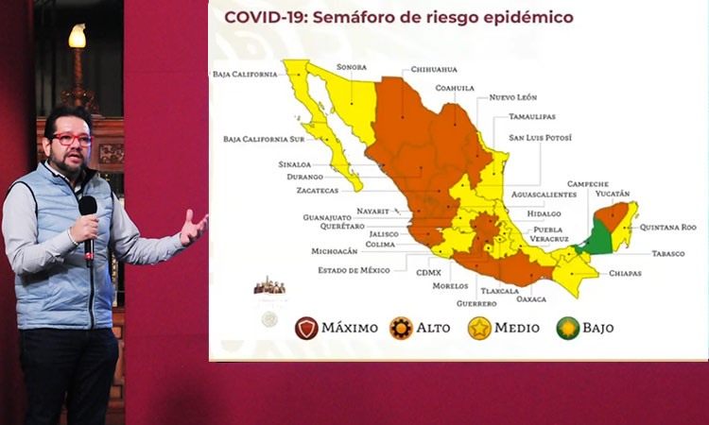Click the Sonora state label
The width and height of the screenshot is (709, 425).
tap(352, 67)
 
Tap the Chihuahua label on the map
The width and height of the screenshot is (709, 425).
tap(434, 70)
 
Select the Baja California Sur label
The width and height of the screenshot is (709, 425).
tap(264, 139)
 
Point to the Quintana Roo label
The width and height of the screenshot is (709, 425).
tap(667, 228)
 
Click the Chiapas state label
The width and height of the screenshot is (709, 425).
tap(625, 273)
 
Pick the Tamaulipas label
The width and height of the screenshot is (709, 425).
tap(532, 116)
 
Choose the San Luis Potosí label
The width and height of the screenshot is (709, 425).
tap(540, 137)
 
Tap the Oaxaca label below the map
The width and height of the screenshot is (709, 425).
tap(531, 299)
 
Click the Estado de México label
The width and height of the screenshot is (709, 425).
tap(354, 270)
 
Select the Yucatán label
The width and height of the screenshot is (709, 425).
tap(613, 194)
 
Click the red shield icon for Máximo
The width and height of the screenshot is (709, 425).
tap(306, 329)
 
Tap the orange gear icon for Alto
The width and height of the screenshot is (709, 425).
tap(401, 329)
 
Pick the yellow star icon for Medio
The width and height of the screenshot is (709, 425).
tap(479, 329)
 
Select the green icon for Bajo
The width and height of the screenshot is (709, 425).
tap(568, 329)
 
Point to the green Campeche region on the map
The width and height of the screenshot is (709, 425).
tap(599, 237)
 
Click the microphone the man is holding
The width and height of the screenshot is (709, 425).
tap(89, 229)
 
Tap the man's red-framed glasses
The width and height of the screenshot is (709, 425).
tap(73, 140)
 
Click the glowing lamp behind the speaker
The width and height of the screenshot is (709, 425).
tap(78, 36)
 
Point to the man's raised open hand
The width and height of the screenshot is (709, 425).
tap(194, 228)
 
